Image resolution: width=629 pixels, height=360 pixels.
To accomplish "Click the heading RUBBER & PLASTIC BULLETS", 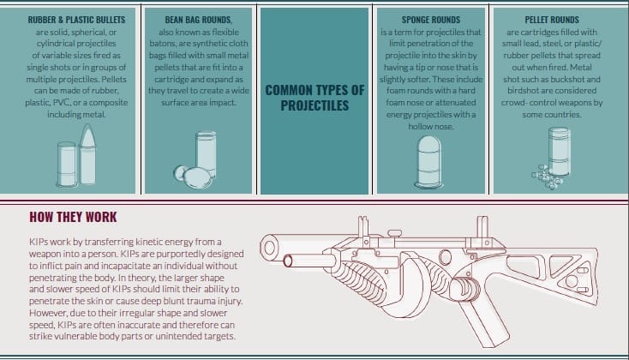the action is [76, 20].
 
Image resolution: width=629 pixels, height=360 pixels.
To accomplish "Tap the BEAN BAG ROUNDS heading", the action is [198, 20].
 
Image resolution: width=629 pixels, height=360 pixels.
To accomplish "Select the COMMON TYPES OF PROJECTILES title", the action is [314, 98].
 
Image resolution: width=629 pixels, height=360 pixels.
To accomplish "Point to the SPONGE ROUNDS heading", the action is [431, 20].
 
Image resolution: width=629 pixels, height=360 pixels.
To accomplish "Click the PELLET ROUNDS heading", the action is [552, 20].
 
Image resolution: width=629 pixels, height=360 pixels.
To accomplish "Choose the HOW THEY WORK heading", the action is [73, 217].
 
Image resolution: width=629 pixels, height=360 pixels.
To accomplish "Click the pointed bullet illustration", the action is [87, 154].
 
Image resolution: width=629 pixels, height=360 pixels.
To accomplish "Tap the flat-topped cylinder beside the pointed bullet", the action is [67, 165].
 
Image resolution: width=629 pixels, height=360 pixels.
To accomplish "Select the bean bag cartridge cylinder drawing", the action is [207, 154].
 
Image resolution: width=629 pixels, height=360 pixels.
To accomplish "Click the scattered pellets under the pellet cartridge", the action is [547, 177].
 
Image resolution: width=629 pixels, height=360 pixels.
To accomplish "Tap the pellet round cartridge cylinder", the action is [559, 152].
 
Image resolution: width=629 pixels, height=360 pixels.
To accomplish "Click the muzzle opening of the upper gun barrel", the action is [268, 247].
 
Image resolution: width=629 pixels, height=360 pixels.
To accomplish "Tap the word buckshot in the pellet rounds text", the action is [567, 79].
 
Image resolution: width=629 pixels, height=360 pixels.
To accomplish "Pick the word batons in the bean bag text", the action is [163, 44].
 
